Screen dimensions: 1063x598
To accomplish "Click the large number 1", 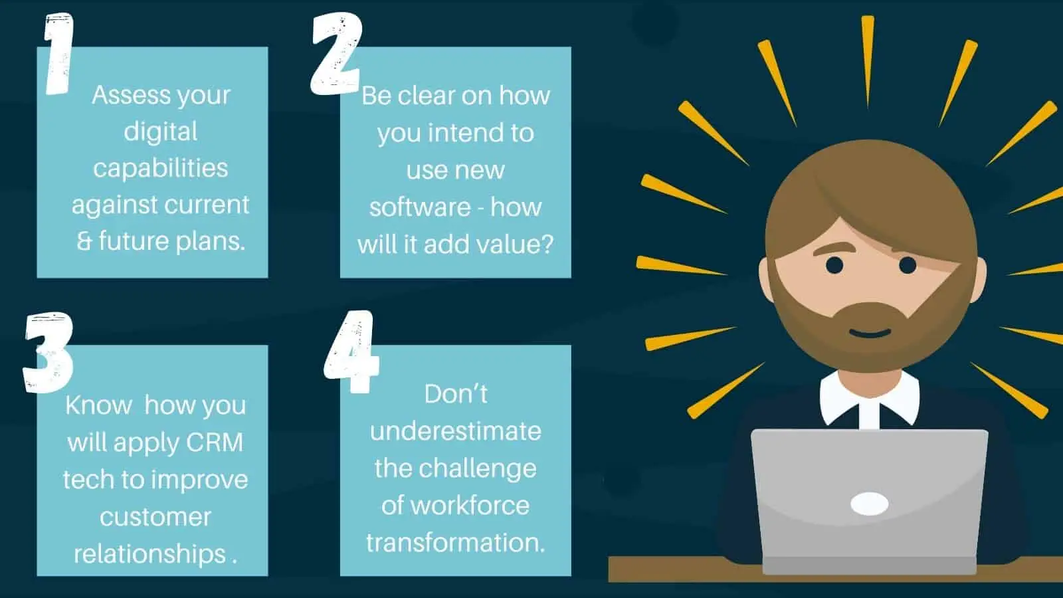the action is (x=59, y=53).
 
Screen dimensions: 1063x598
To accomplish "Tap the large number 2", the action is (x=336, y=53).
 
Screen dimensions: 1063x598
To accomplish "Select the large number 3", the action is (x=48, y=352).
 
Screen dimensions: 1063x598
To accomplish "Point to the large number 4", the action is (x=352, y=351).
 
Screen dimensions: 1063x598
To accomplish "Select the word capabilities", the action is (x=160, y=168).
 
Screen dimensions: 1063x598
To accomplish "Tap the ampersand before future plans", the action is (x=84, y=242).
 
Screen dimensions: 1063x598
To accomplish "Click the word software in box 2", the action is (x=420, y=207).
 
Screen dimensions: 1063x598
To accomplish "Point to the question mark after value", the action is (x=546, y=244).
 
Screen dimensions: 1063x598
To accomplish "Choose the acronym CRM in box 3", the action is (x=215, y=443).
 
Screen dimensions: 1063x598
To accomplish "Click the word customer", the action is (x=155, y=517).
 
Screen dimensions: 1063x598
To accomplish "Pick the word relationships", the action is (x=149, y=554).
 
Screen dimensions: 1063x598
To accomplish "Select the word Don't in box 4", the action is (x=456, y=394).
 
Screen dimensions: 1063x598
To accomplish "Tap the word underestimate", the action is (x=456, y=431).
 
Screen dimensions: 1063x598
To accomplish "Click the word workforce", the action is (x=470, y=505).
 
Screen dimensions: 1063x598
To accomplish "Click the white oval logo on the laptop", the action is (x=870, y=504).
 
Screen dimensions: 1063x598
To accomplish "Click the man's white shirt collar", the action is (x=870, y=399).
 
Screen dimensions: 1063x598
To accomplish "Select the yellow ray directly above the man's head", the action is (x=868, y=62).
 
